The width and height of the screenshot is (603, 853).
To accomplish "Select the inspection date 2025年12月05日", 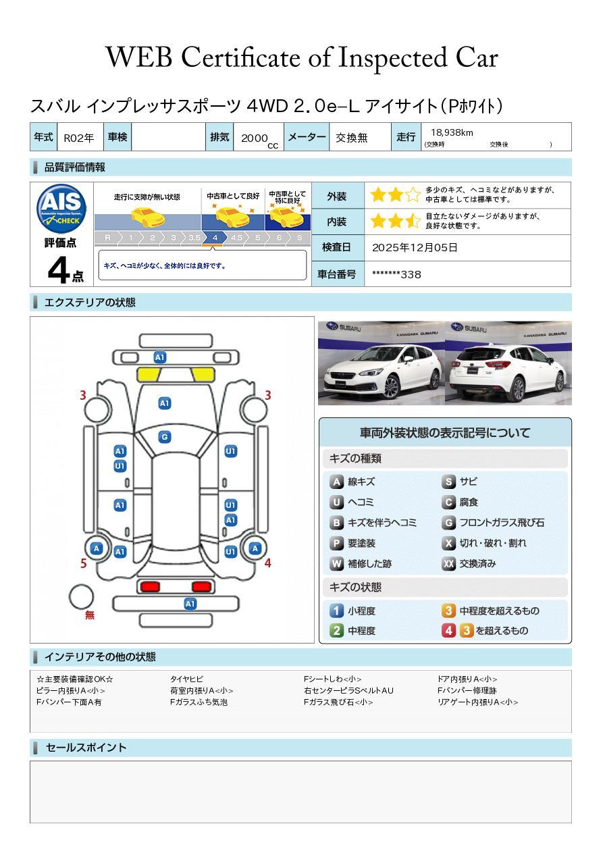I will tap(415, 248).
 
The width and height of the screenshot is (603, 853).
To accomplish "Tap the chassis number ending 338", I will tap(396, 274).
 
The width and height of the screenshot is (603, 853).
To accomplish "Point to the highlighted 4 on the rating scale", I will tap(215, 238).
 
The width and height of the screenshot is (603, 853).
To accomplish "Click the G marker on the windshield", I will tap(164, 437).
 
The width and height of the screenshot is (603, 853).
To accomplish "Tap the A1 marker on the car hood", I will tap(164, 403).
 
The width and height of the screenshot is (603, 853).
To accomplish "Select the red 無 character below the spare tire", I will tap(90, 615).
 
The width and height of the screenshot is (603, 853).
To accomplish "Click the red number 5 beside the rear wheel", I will tap(84, 563).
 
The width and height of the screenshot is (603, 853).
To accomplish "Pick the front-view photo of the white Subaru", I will tap(382, 363).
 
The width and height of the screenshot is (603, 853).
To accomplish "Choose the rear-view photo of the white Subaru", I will tap(508, 363).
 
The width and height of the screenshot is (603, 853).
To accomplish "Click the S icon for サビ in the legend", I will tap(448, 482).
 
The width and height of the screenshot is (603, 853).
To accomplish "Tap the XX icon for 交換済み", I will tap(448, 563).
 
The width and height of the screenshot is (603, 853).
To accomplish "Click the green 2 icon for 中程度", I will tap(336, 631).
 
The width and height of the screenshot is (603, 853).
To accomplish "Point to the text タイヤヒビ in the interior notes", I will tap(186, 679).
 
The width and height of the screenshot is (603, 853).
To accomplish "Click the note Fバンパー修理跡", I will tap(467, 691).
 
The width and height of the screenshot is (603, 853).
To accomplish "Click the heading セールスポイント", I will tap(86, 748).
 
